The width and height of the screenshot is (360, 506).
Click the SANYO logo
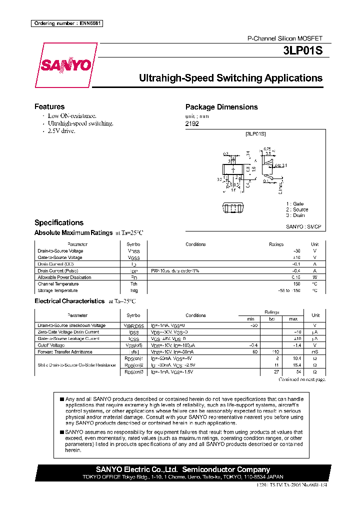click(x=66, y=65)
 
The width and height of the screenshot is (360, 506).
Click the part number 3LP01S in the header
click(x=305, y=51)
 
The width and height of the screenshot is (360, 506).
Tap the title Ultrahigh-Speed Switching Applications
click(x=230, y=78)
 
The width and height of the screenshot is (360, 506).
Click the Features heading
click(x=49, y=106)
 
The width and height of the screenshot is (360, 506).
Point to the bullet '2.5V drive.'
click(x=61, y=130)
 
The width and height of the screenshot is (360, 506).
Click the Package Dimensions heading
click(x=221, y=107)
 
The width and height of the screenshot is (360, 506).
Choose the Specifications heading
click(x=59, y=222)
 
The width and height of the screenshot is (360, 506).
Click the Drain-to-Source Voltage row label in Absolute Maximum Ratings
click(x=60, y=251)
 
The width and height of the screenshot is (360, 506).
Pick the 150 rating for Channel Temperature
click(x=296, y=283)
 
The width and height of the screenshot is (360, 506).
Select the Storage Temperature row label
click(x=57, y=290)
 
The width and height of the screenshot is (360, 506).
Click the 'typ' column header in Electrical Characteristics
click(x=272, y=318)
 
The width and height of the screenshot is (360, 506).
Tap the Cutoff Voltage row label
click(x=51, y=345)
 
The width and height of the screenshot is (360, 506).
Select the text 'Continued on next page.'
click(x=302, y=380)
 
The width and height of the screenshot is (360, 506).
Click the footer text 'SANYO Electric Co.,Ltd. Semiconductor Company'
click(x=182, y=469)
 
